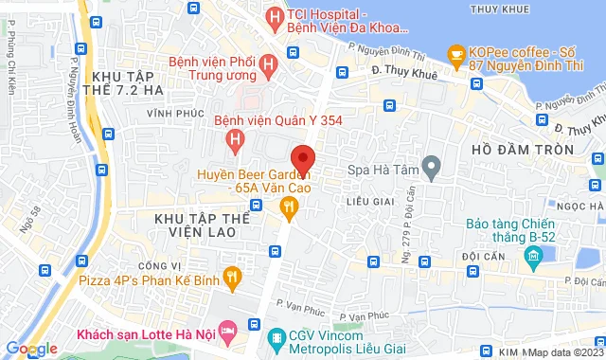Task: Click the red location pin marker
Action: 303,158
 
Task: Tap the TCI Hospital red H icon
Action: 275,16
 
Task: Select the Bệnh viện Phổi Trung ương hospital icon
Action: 269,64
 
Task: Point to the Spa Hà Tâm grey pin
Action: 432,171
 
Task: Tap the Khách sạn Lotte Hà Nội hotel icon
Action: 227,331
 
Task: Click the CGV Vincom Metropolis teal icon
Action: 276,338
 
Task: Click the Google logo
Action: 30,349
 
